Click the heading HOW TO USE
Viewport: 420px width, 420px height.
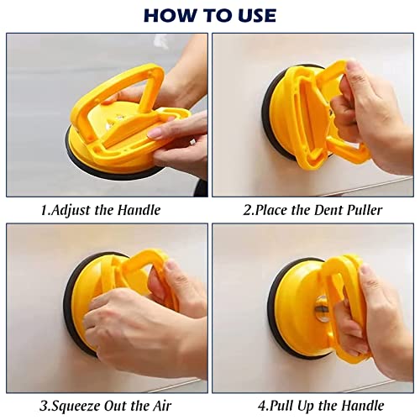coord(209,14)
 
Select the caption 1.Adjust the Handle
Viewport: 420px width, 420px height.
coord(101,210)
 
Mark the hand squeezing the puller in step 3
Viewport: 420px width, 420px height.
coord(143,323)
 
